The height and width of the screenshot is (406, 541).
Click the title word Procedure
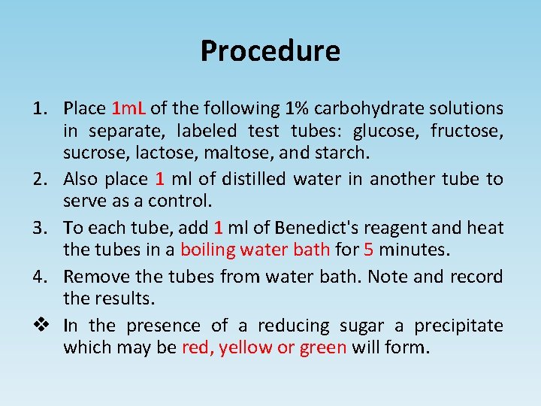(x=270, y=51)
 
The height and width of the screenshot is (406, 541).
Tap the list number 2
(x=40, y=180)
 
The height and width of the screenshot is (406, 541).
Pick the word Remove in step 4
(x=96, y=277)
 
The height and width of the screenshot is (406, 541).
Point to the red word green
(x=323, y=348)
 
